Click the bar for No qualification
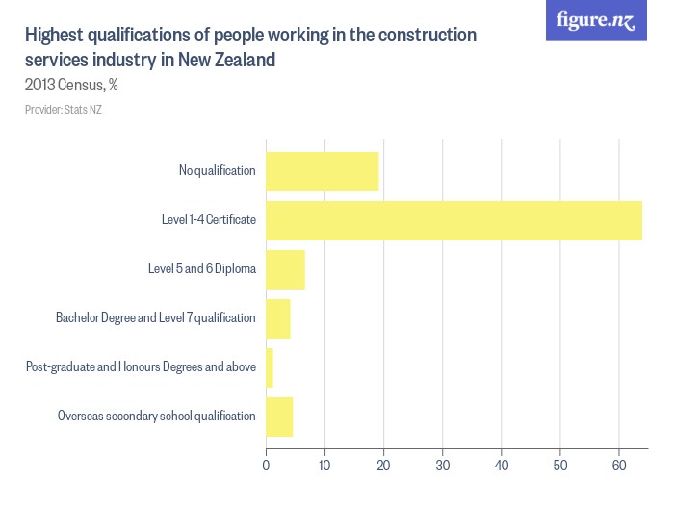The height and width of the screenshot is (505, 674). [322, 171]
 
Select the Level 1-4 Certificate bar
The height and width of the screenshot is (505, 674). [454, 220]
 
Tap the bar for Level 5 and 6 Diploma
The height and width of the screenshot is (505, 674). [285, 269]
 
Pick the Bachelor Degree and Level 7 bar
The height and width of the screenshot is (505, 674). [277, 318]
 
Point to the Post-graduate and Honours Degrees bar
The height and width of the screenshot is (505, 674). [270, 367]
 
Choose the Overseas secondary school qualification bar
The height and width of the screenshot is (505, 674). [279, 417]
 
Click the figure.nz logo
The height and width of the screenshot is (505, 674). [596, 21]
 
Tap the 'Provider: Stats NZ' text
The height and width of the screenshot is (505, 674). [64, 110]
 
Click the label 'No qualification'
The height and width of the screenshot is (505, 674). [217, 171]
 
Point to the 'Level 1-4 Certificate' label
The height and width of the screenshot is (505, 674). [208, 220]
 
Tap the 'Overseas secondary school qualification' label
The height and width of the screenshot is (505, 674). [156, 417]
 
